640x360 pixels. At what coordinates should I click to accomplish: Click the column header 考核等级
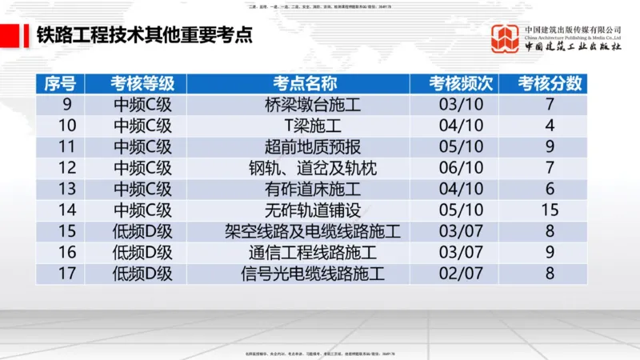[142, 84]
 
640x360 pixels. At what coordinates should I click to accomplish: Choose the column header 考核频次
[462, 84]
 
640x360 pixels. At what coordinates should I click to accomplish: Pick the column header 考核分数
[550, 84]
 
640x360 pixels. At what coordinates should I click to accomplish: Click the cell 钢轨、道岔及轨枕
[313, 168]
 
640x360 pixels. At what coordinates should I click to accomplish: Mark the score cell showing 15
[550, 210]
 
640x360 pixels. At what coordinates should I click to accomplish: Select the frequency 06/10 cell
[462, 168]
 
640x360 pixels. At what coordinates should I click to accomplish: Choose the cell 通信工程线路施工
[313, 253]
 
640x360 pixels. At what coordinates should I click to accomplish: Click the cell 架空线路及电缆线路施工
[313, 232]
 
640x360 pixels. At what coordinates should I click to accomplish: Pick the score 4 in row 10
[550, 126]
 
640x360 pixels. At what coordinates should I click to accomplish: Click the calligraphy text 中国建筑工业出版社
[573, 47]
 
